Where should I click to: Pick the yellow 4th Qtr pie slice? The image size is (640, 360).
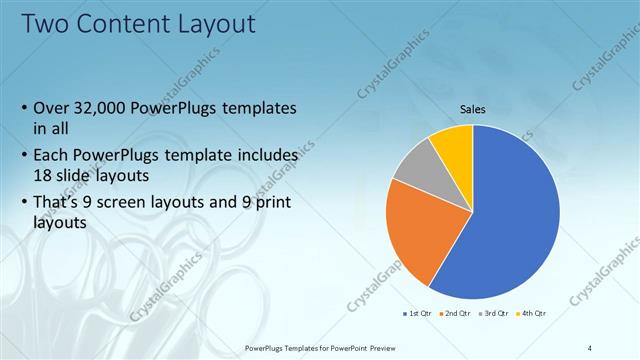point(454,145)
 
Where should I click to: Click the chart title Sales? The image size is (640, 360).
point(473,109)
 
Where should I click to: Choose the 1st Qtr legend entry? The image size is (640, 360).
point(416,313)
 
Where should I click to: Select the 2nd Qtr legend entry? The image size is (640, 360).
point(455,313)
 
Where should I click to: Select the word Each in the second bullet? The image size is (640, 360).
point(52,156)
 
